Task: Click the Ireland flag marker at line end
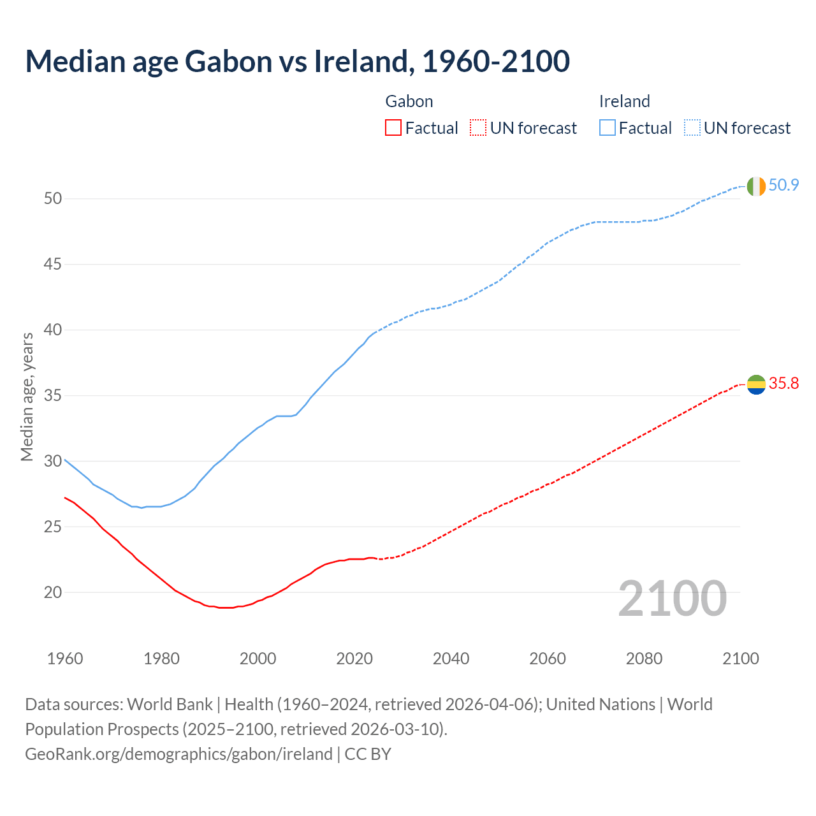point(756,186)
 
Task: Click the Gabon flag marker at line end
point(756,384)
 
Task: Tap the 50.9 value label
point(783,186)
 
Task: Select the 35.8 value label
point(783,383)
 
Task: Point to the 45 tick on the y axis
point(53,264)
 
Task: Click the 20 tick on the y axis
point(53,592)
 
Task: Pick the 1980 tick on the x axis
point(161,659)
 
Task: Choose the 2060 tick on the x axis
point(548,659)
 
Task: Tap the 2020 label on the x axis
point(354,659)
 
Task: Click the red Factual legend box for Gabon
point(393,128)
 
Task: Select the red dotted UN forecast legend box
point(478,128)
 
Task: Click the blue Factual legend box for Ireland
point(608,128)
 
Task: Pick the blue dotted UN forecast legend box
point(692,128)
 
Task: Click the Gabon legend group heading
point(409,101)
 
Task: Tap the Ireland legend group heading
point(624,101)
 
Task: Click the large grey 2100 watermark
point(673,599)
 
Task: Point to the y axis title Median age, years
point(27,397)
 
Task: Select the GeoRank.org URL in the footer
point(178,754)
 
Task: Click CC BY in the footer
point(368,754)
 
